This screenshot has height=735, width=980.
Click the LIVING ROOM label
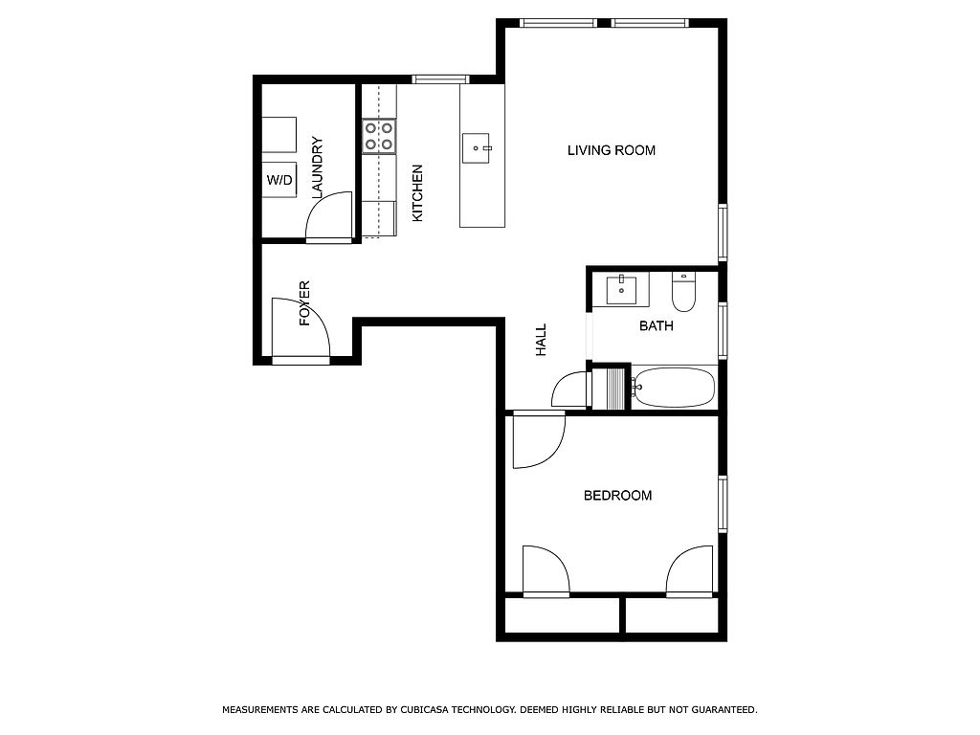[612, 150]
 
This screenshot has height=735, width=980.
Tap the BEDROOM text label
[617, 496]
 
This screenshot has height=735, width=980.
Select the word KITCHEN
[417, 193]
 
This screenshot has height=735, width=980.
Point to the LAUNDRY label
[318, 167]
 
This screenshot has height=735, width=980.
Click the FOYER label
[304, 303]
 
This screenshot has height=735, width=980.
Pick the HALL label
[542, 340]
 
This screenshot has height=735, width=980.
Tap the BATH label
[657, 325]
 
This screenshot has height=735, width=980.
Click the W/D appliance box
[279, 180]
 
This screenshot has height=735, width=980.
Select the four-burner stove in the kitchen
[379, 136]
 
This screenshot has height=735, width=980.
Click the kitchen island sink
[477, 148]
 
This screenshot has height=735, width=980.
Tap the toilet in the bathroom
[683, 291]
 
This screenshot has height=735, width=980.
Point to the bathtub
[673, 388]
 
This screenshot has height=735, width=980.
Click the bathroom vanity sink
[621, 289]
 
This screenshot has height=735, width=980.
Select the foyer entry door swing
[301, 328]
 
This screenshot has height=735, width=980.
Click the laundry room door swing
[329, 216]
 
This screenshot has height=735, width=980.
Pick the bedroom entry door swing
[539, 440]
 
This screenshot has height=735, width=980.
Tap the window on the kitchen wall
[440, 78]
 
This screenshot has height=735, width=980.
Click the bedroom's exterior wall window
[723, 503]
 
